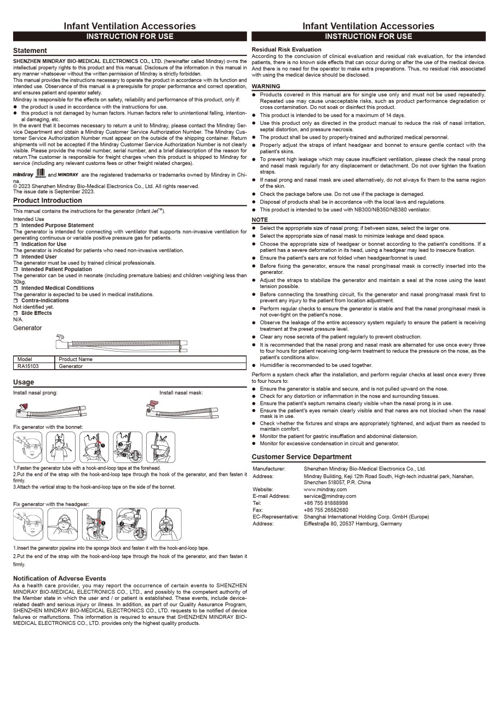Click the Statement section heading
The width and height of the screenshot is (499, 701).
pos(30,50)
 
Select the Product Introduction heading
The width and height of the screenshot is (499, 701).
pos(48,200)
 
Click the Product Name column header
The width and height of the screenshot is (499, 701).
pos(76,359)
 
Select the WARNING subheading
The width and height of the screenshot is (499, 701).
pos(266,86)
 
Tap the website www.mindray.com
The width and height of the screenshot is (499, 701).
pos(325,490)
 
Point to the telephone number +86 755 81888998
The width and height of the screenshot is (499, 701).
pos(325,503)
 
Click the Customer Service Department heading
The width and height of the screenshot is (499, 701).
pos(301,457)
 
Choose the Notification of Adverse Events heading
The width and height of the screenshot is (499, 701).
pos(59,578)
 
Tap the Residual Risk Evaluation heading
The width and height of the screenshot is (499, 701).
pos(286,49)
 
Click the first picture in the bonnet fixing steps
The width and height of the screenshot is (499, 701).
pos(28,447)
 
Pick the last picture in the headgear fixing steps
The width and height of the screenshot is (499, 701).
pos(166,524)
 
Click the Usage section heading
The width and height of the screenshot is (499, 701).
pos(24,382)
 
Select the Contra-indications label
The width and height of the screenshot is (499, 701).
pos(45,301)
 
